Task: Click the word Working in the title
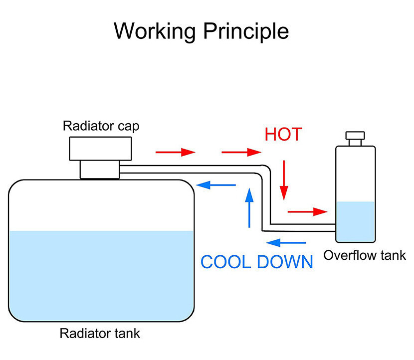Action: [155, 31]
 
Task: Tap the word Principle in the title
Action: [246, 31]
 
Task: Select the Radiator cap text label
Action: [101, 126]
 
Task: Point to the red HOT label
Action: [283, 135]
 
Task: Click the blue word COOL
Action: [225, 262]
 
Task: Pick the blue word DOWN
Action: [285, 262]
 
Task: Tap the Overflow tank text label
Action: [365, 256]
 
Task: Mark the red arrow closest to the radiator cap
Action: [175, 152]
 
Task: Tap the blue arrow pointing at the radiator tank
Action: [216, 185]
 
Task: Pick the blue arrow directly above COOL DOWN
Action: [286, 243]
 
